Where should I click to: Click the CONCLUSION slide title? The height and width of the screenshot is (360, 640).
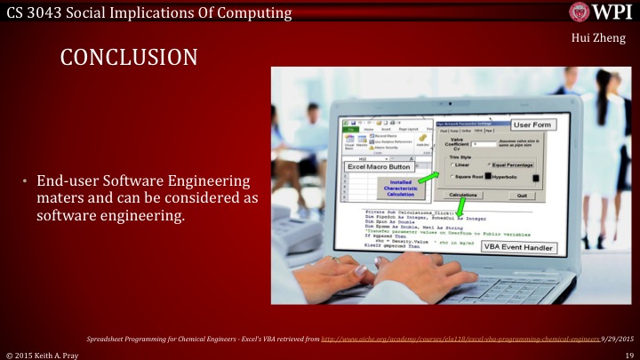click(x=128, y=58)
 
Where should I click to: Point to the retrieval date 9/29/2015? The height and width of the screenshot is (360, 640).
click(x=616, y=339)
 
